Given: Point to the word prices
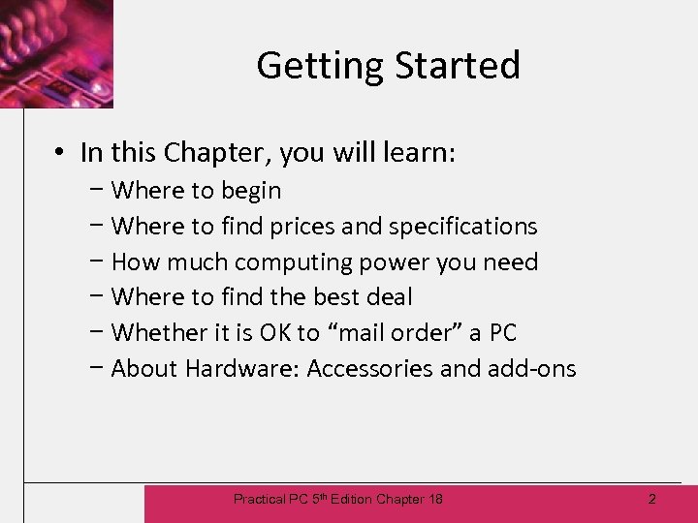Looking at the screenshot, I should tap(302, 227).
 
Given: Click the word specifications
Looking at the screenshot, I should tap(462, 227).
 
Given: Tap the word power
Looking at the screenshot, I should tap(405, 262).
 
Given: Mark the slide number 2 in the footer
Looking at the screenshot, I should tap(651, 499).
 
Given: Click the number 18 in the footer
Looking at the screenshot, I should tap(434, 499).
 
